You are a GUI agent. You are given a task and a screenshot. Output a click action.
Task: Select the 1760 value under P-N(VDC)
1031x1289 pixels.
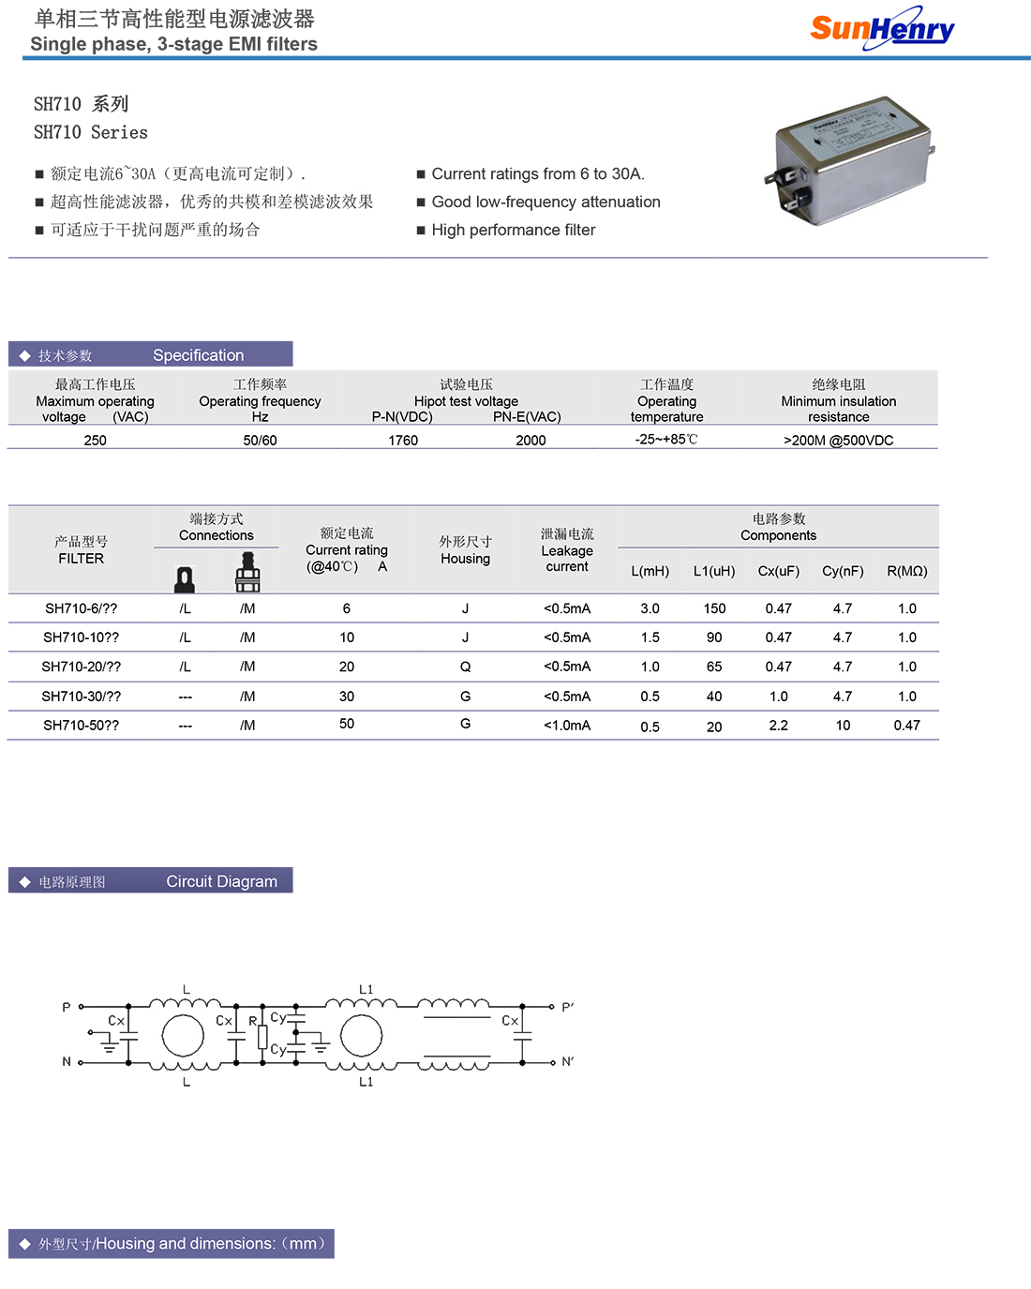pyautogui.click(x=403, y=440)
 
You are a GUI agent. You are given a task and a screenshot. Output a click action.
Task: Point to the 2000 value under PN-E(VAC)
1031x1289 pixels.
pyautogui.click(x=530, y=440)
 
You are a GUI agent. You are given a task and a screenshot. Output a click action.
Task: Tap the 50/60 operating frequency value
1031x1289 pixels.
pyautogui.click(x=260, y=440)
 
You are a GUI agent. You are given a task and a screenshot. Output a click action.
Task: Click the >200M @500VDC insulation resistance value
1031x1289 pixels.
pyautogui.click(x=838, y=440)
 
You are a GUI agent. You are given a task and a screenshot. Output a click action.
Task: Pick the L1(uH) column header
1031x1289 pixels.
pyautogui.click(x=714, y=571)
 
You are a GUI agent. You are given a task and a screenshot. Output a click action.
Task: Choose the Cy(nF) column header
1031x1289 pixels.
pyautogui.click(x=843, y=571)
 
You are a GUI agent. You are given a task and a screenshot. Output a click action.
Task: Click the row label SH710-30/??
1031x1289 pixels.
pyautogui.click(x=82, y=697)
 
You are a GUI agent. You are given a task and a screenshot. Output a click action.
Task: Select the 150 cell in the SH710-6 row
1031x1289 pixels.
pyautogui.click(x=714, y=608)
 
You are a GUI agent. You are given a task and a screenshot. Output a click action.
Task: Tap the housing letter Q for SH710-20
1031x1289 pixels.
pyautogui.click(x=465, y=667)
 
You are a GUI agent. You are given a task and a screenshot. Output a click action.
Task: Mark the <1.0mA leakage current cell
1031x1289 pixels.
pyautogui.click(x=567, y=726)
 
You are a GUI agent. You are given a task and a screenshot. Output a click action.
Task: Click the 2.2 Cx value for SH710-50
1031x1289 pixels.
pyautogui.click(x=778, y=726)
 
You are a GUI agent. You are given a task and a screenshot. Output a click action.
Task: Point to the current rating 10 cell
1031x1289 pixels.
pyautogui.click(x=347, y=637)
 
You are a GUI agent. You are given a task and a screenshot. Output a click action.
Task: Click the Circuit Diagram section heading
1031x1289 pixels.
pyautogui.click(x=221, y=881)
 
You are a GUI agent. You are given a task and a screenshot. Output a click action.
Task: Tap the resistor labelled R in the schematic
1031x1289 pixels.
pyautogui.click(x=262, y=1037)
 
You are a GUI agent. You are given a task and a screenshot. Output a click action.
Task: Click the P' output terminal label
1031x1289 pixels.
pyautogui.click(x=567, y=1008)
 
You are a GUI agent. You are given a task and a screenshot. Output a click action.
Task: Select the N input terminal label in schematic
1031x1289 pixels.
pyautogui.click(x=67, y=1062)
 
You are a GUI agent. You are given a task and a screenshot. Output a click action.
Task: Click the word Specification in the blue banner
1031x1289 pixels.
pyautogui.click(x=198, y=355)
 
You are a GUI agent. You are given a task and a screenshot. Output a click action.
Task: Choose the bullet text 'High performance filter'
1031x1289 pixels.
pyautogui.click(x=513, y=230)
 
